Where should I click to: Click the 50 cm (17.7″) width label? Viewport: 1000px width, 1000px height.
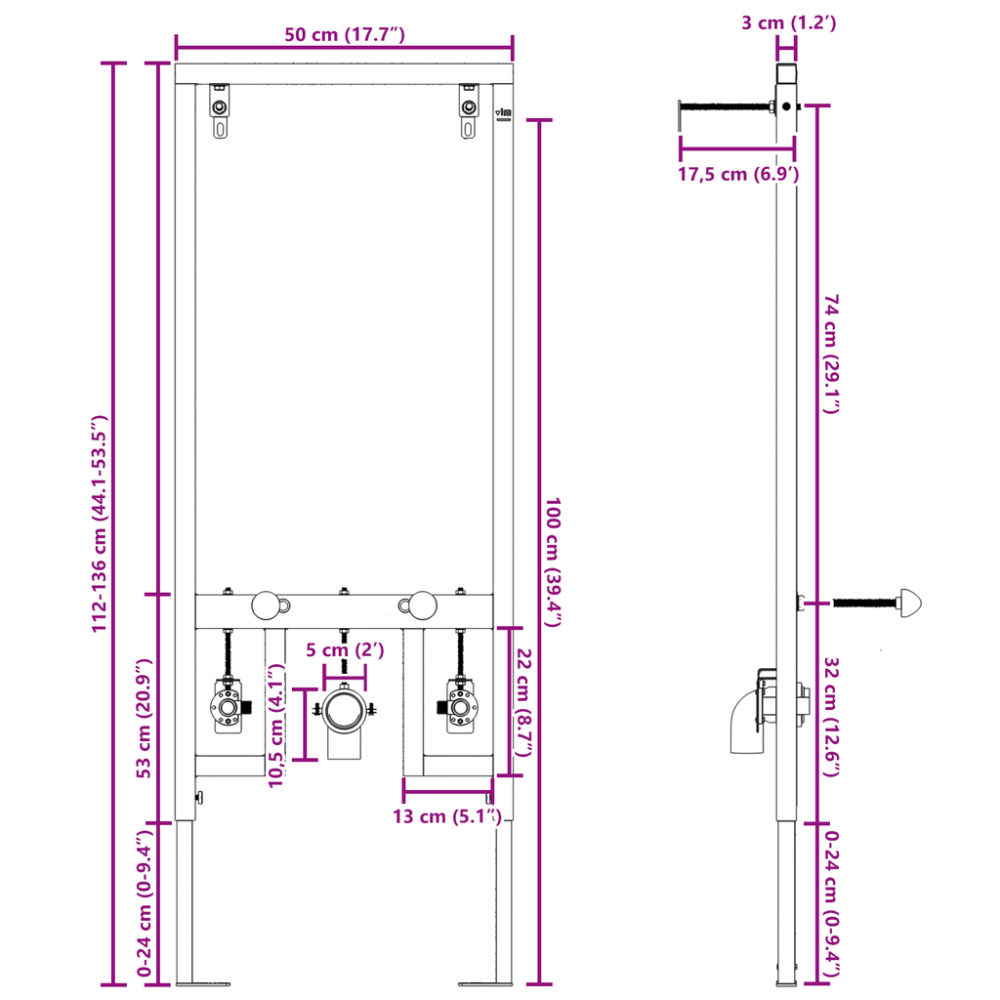point(345,34)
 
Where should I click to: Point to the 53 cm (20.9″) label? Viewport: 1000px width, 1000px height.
point(145,710)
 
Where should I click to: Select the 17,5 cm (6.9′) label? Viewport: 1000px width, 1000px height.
point(738,175)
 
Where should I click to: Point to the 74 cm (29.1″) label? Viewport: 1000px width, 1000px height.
point(832,354)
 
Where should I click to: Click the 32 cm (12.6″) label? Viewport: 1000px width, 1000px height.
point(832,717)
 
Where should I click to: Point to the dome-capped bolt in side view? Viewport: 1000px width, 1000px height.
point(910,603)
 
